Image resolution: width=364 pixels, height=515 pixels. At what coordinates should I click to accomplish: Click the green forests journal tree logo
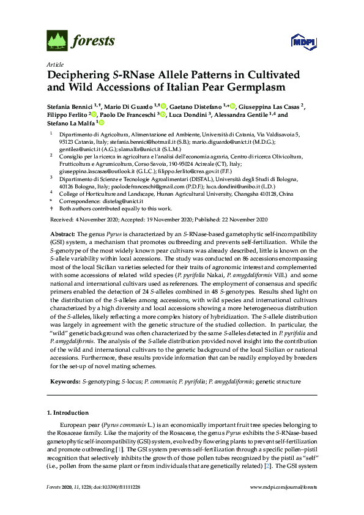click(x=57, y=42)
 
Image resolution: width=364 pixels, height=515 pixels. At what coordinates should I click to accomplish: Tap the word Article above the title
click(x=54, y=64)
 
